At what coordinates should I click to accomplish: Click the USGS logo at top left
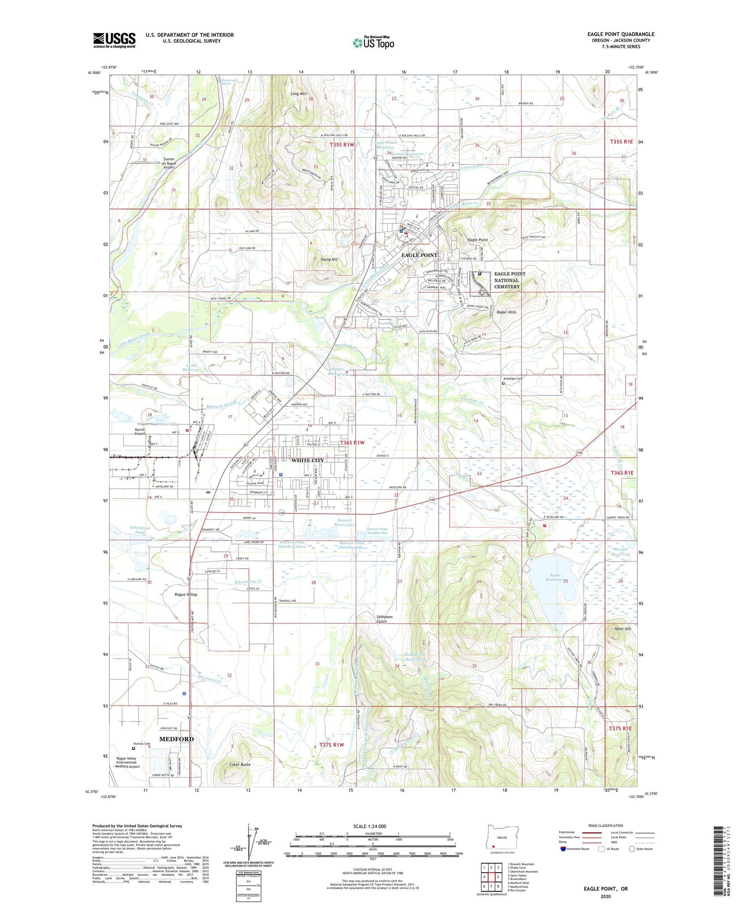[x=114, y=40]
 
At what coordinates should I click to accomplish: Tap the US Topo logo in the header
[x=373, y=43]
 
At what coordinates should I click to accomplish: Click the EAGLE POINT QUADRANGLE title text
[x=621, y=34]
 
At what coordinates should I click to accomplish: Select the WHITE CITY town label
[x=307, y=460]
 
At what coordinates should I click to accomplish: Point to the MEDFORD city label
[x=176, y=739]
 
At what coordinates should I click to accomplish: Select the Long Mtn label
[x=298, y=94]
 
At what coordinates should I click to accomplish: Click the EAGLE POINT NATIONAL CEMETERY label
[x=509, y=280]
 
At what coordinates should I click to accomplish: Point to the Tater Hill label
[x=622, y=629]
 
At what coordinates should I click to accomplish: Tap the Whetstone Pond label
[x=140, y=530]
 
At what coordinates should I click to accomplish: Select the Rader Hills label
[x=506, y=312]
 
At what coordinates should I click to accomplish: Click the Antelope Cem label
[x=512, y=379]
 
